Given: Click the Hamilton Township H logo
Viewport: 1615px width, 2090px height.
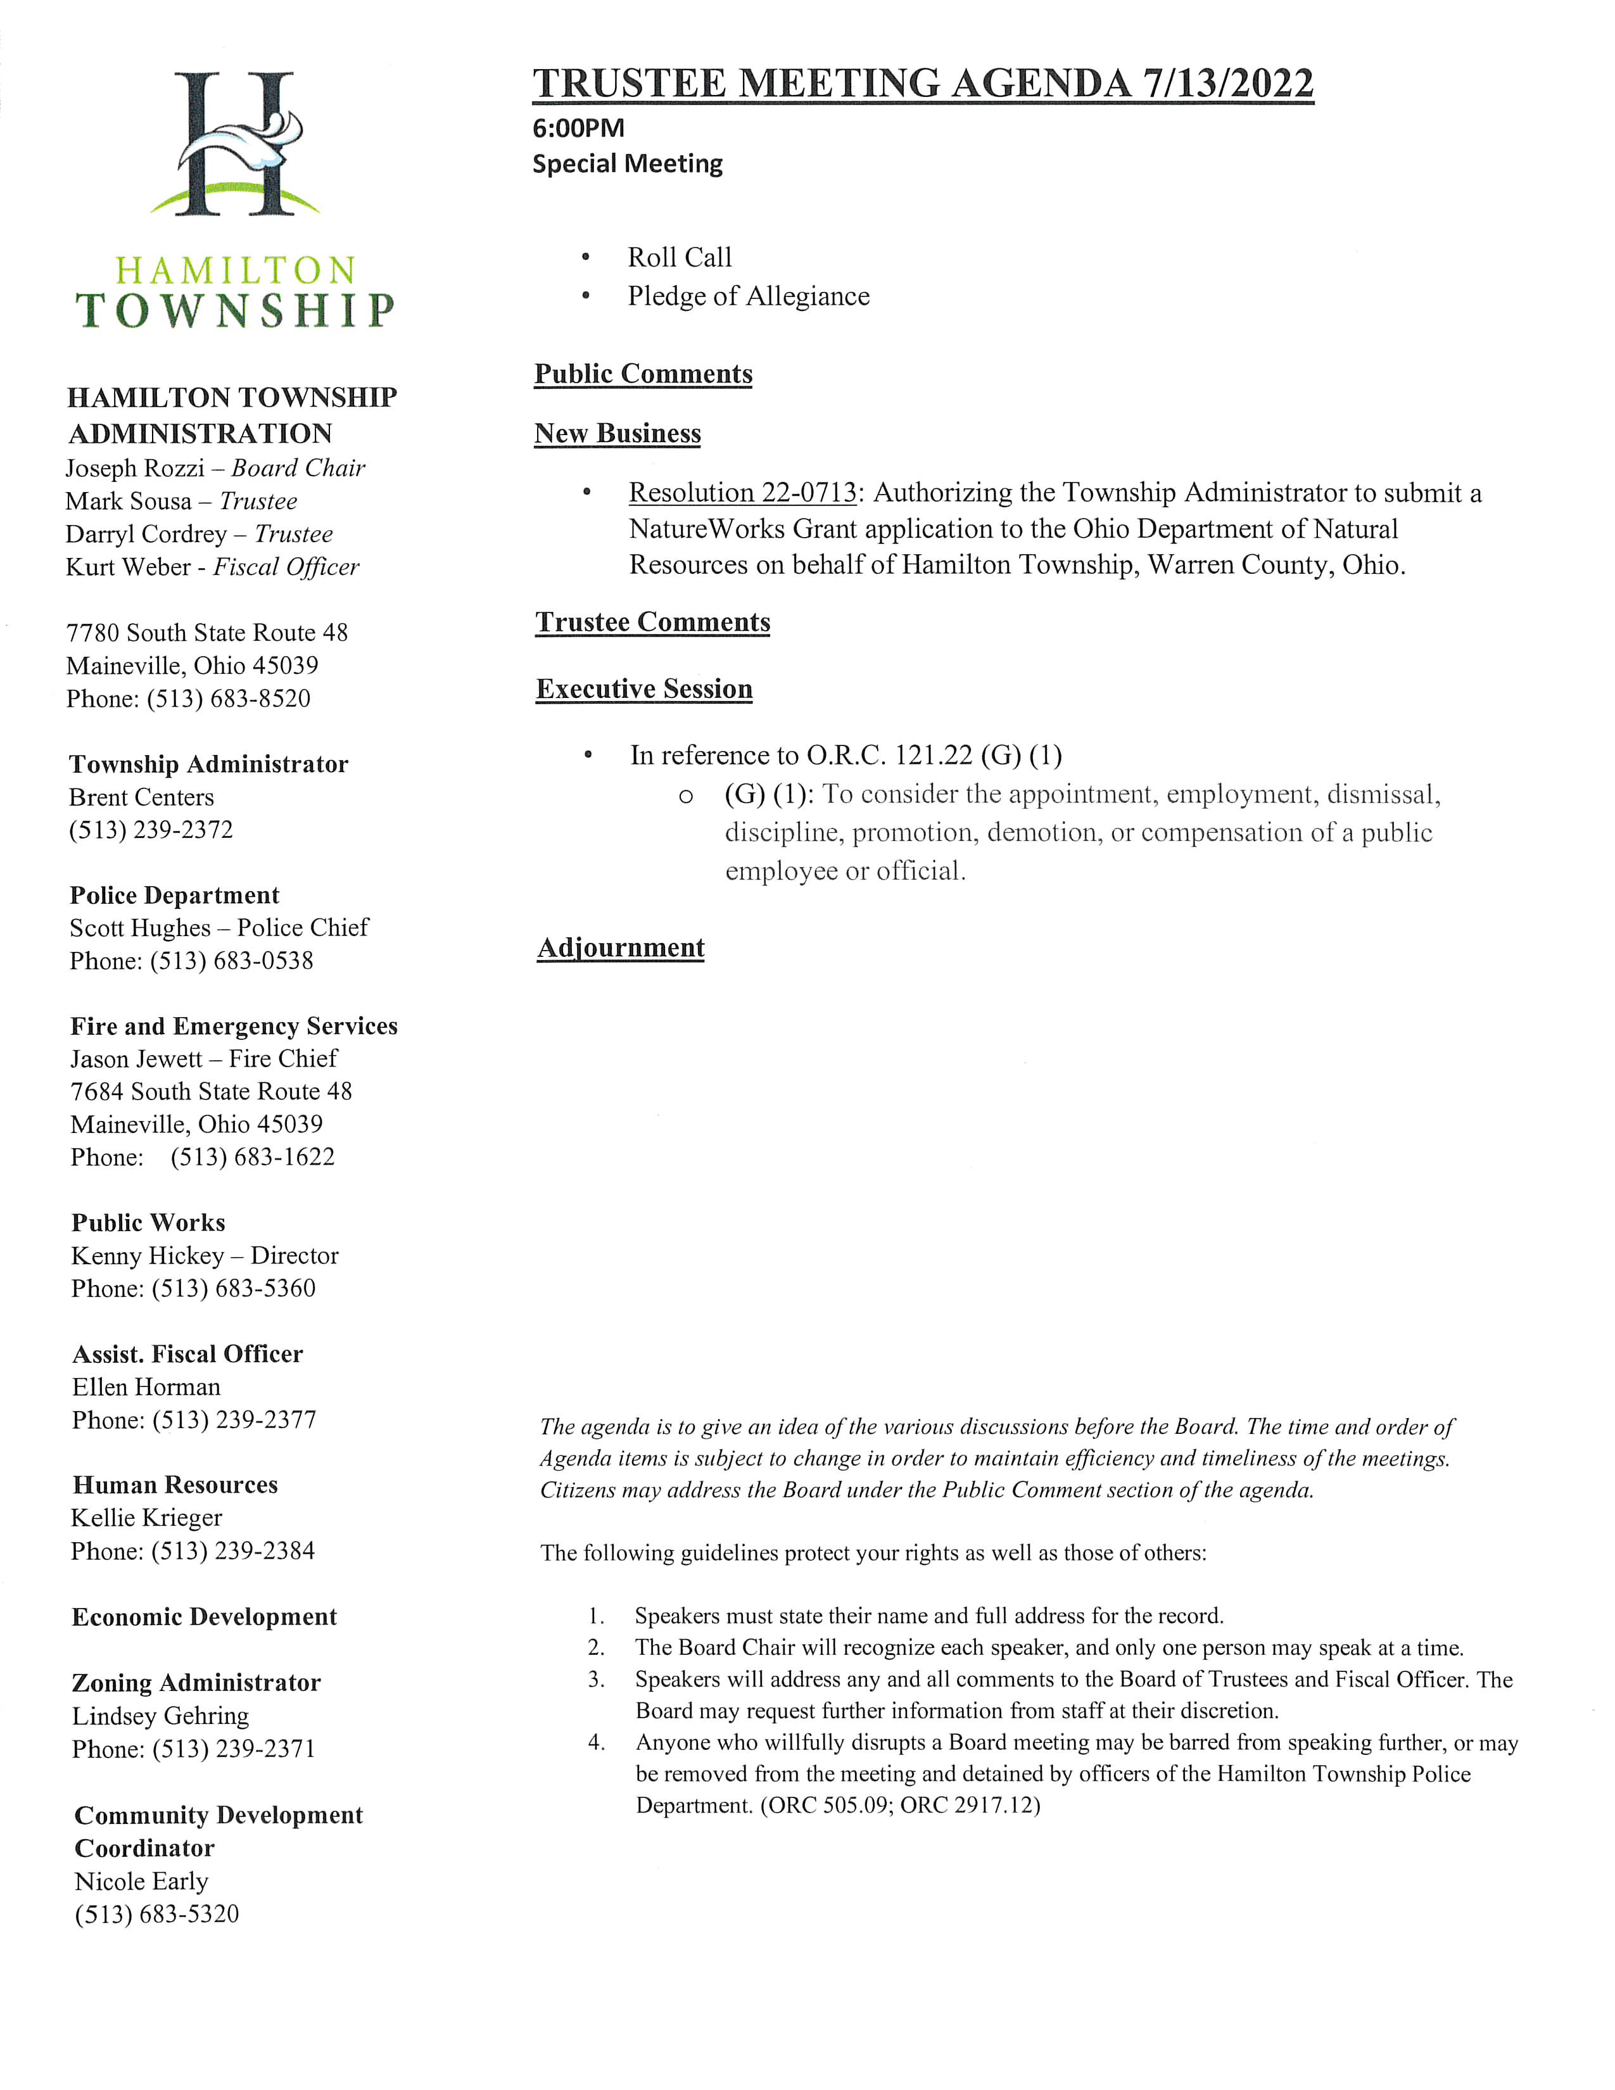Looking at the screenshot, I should (x=234, y=144).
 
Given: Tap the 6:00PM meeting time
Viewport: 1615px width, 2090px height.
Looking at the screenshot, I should (x=578, y=128).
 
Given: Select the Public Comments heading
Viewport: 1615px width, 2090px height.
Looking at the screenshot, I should (x=643, y=374).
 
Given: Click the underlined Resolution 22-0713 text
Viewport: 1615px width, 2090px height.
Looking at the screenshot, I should (x=742, y=493).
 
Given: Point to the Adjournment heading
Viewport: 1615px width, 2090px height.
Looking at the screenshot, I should (x=621, y=947).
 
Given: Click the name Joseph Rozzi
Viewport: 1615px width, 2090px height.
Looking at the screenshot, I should (x=135, y=469).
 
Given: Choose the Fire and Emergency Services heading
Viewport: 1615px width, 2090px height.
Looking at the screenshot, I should (x=234, y=1027).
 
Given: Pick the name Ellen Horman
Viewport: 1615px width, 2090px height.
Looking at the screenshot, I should (x=146, y=1388).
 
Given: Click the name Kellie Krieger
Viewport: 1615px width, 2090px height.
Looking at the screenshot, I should (x=146, y=1519).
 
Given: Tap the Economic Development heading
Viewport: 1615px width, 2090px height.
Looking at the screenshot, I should (x=204, y=1618).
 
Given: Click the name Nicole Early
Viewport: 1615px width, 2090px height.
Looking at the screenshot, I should (x=142, y=1882).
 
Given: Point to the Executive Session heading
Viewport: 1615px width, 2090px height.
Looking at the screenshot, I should (x=644, y=689).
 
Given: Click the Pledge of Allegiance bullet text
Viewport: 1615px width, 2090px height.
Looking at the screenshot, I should (x=748, y=296).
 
